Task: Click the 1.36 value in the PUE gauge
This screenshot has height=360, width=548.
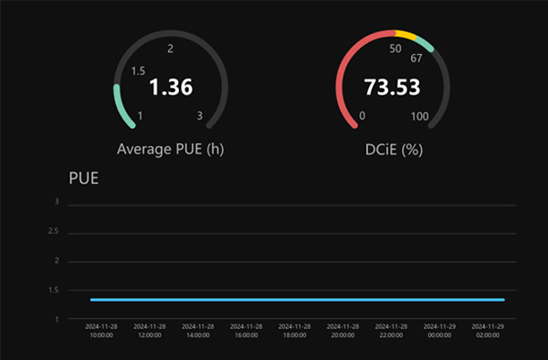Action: pyautogui.click(x=171, y=88)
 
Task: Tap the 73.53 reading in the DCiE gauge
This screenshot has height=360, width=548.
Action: pyautogui.click(x=391, y=88)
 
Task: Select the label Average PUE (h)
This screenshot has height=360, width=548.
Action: pyautogui.click(x=171, y=148)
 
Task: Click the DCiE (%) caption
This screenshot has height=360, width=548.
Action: pyautogui.click(x=392, y=148)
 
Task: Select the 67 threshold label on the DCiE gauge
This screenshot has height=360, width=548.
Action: pyautogui.click(x=416, y=58)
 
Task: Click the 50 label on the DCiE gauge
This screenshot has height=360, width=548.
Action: pyautogui.click(x=395, y=48)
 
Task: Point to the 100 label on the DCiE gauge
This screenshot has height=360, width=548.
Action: pyautogui.click(x=420, y=116)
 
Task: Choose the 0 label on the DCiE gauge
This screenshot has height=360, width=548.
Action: pyautogui.click(x=363, y=116)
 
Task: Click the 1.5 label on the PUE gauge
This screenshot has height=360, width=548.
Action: pyautogui.click(x=138, y=70)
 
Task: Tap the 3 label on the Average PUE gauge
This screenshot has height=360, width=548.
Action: pyautogui.click(x=200, y=116)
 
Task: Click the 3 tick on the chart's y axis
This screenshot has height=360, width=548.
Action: pyautogui.click(x=58, y=202)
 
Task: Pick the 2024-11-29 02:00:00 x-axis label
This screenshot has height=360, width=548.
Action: pyautogui.click(x=485, y=330)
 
